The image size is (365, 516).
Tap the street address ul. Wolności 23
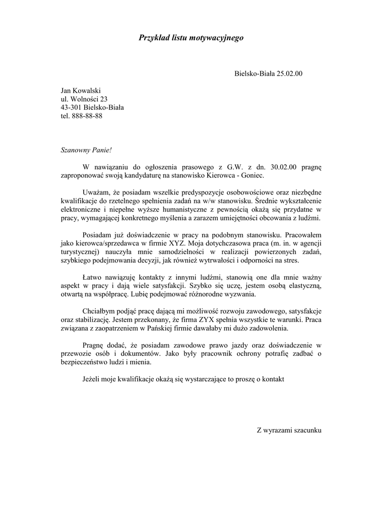coord(84,99)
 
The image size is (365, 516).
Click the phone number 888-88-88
coord(87,115)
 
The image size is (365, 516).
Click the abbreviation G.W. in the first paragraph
coord(228,167)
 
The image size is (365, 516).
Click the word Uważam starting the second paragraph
coord(95,193)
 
